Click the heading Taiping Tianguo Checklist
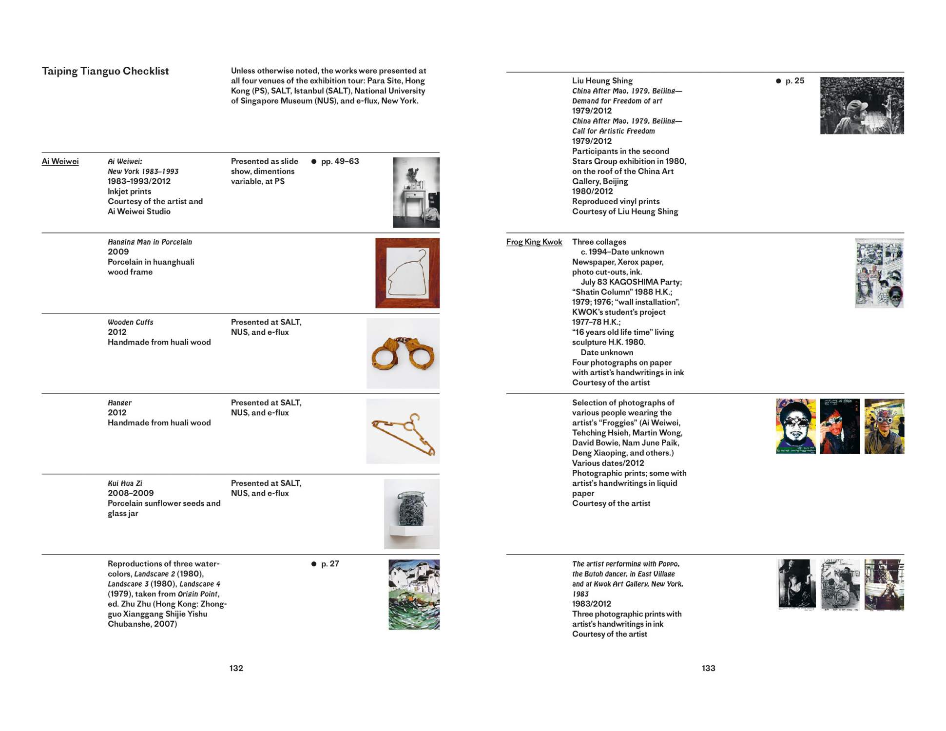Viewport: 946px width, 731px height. (105, 71)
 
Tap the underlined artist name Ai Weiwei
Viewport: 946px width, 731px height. (60, 161)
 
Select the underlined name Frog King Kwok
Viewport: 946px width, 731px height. (534, 242)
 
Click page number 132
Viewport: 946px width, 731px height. (236, 668)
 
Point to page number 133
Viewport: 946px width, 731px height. (708, 668)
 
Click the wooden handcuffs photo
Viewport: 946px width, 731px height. (403, 353)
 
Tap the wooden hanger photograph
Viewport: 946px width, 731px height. (403, 431)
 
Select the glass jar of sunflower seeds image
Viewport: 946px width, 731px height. (411, 514)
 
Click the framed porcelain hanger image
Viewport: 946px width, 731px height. (407, 273)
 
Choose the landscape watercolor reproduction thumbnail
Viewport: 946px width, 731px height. (414, 595)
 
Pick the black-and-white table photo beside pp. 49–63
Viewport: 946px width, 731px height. (416, 192)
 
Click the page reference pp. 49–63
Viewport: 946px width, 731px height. (340, 161)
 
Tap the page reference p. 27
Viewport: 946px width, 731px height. (330, 564)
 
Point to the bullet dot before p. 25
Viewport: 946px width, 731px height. (778, 81)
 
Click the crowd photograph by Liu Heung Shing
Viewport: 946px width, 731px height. (862, 105)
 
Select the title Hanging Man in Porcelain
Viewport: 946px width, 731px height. (150, 242)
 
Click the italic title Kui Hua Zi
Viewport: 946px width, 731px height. (125, 483)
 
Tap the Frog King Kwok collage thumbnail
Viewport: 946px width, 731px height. (879, 273)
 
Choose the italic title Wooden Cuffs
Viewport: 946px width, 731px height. (130, 322)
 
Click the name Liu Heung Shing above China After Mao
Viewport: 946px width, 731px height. (602, 81)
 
